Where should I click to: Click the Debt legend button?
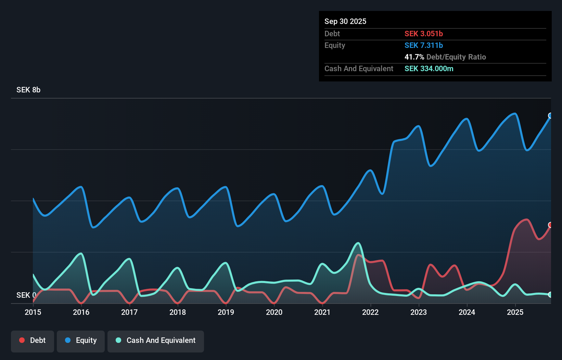pos(33,340)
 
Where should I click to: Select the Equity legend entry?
pos(81,340)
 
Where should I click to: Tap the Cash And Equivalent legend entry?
pos(156,340)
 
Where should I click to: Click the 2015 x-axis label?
pos(33,312)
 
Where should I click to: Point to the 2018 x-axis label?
pos(178,312)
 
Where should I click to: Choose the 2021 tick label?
pos(322,312)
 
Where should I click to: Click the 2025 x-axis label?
pos(515,312)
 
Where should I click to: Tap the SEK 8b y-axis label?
pos(28,90)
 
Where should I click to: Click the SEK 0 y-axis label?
pos(26,295)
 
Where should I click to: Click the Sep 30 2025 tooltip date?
pos(345,21)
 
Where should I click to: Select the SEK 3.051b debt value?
pos(424,34)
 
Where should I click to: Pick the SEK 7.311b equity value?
pos(424,45)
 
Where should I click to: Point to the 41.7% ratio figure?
pos(414,57)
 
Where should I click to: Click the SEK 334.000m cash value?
pos(429,68)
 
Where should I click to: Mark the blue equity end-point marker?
pos(550,116)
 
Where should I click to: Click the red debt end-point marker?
pos(550,225)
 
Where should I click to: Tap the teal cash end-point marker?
pos(550,295)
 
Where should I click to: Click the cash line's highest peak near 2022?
pos(358,243)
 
